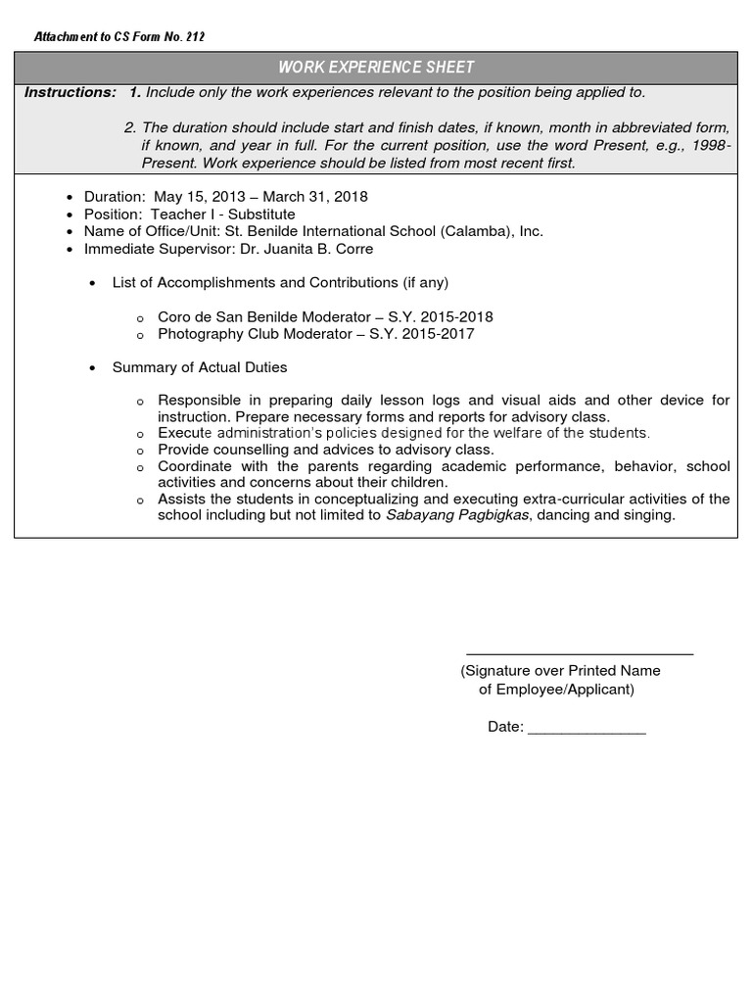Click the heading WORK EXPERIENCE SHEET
pyautogui.click(x=376, y=68)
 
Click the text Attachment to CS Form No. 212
pyautogui.click(x=119, y=37)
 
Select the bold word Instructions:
pyautogui.click(x=70, y=92)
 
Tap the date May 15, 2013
pyautogui.click(x=192, y=196)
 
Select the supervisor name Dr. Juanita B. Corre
pyautogui.click(x=306, y=249)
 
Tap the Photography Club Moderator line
pyautogui.click(x=260, y=334)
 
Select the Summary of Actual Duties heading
pyautogui.click(x=200, y=367)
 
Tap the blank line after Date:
pyautogui.click(x=587, y=731)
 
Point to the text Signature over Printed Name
pyautogui.click(x=561, y=671)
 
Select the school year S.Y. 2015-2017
pyautogui.click(x=422, y=334)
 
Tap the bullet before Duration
pyautogui.click(x=69, y=197)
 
